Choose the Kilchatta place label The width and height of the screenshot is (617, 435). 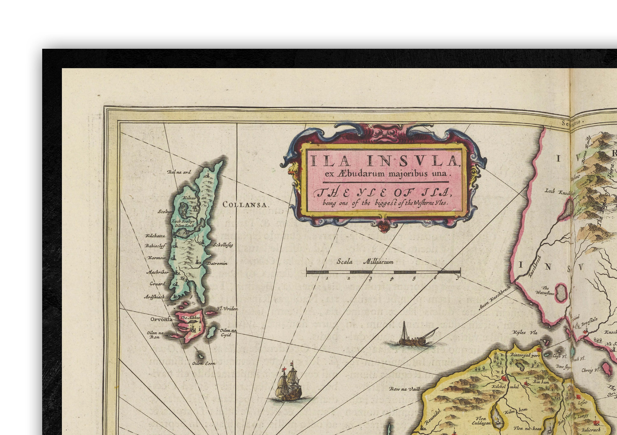(x=155, y=236)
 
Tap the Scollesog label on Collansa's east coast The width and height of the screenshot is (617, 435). (x=223, y=245)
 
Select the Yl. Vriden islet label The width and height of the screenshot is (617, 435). (x=227, y=309)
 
